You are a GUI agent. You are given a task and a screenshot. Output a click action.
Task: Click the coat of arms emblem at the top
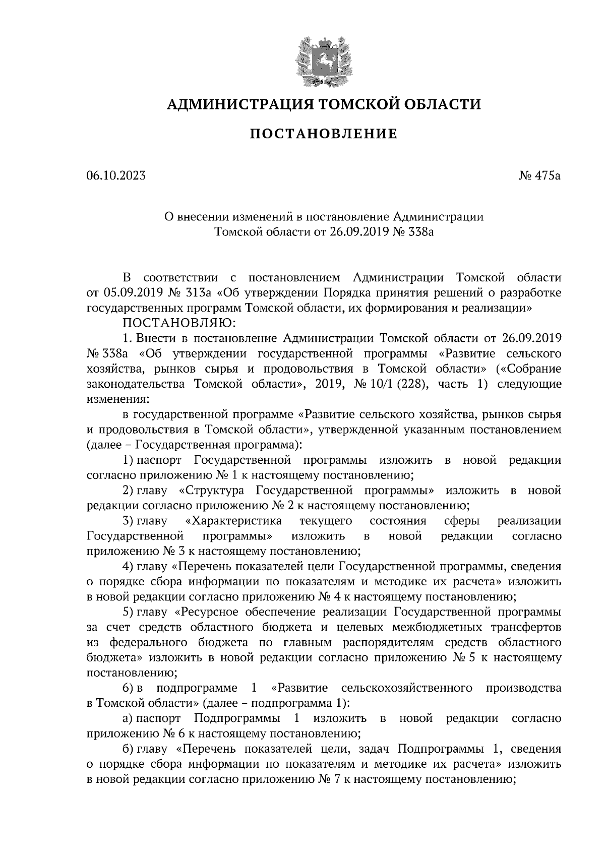coord(323,59)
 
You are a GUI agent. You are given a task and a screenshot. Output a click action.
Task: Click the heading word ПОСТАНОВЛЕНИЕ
coord(324,134)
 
